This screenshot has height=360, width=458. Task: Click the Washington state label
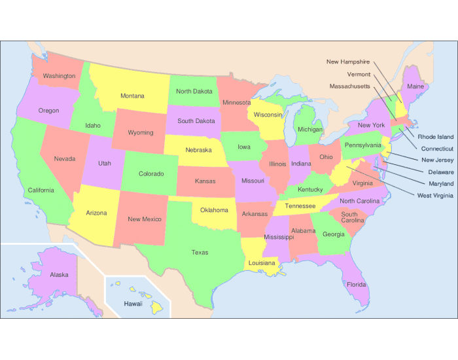tap(59, 76)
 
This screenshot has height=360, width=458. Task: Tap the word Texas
tap(200, 252)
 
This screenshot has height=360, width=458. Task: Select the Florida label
tap(357, 285)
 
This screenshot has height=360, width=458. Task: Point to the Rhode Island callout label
tap(436, 137)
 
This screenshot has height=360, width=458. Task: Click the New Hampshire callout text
tap(348, 62)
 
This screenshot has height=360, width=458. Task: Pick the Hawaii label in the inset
tap(133, 304)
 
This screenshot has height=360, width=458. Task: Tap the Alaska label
tap(59, 275)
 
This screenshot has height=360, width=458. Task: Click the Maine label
tap(415, 86)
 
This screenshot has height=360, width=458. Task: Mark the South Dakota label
tap(196, 120)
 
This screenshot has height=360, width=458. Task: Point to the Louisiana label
tap(261, 263)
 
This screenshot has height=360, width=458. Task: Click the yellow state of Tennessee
tap(300, 206)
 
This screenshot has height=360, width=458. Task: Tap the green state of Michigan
tap(309, 129)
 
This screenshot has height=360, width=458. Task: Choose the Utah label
tap(105, 163)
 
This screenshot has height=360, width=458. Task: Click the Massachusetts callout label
tap(349, 86)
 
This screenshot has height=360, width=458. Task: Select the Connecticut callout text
tap(437, 149)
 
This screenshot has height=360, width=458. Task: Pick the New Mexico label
tap(144, 219)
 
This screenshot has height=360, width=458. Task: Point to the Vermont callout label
tap(359, 74)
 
